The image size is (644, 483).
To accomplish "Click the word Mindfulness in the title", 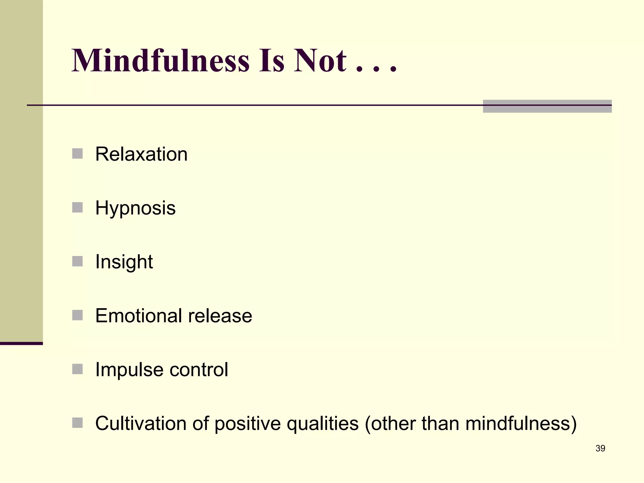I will (x=160, y=60).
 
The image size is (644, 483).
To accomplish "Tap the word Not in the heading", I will (x=320, y=60).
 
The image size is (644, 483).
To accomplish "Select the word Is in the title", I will (x=272, y=60).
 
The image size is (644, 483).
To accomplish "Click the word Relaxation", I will (x=141, y=154).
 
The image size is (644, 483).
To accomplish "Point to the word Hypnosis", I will (x=135, y=208).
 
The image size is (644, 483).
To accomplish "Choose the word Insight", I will (x=124, y=262).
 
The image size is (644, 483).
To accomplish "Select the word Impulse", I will (x=129, y=369).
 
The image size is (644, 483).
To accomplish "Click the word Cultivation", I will (x=141, y=423).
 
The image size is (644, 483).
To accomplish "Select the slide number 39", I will (x=600, y=448).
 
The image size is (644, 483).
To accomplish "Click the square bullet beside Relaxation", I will (x=77, y=154).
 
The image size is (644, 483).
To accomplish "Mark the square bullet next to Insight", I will (x=77, y=261).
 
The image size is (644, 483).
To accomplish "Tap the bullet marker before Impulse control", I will (x=77, y=369).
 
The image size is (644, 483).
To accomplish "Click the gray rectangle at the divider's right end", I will (x=547, y=106).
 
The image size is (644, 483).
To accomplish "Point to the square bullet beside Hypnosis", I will (x=77, y=208).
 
